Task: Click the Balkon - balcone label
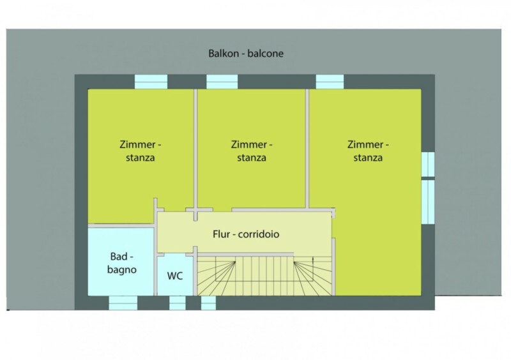coord(246,54)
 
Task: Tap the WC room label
coord(175,276)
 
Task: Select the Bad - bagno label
coord(122,263)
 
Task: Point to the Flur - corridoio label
coord(246,234)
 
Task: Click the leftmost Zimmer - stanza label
coord(140,151)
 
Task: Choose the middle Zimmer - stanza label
coord(252,151)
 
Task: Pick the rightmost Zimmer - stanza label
coord(368,151)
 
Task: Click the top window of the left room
coord(151,82)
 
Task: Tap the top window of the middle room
coord(222,82)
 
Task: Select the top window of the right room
coord(330,82)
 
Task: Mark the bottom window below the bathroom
coord(123,303)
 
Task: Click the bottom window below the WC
coord(178,303)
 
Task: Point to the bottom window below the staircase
coord(209,303)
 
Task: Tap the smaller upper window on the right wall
coord(428,165)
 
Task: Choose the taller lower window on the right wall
coord(428,202)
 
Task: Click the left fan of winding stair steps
coord(217,277)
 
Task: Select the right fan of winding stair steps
coord(313,277)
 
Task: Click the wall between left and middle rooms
coord(195,154)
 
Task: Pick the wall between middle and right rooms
coord(307,148)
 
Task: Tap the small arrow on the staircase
coord(313,260)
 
